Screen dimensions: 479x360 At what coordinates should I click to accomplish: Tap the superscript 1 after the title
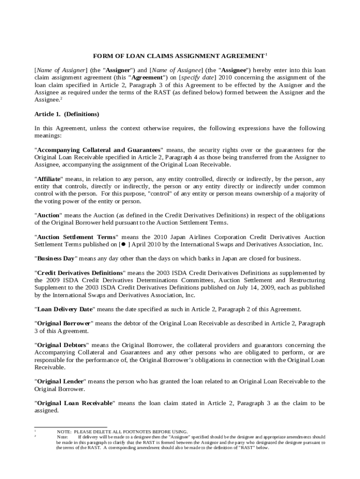pyautogui.click(x=266, y=55)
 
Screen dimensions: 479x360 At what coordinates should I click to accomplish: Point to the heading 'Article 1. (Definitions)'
pyautogui.click(x=67, y=114)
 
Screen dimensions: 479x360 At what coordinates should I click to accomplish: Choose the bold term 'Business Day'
pyautogui.click(x=55, y=259)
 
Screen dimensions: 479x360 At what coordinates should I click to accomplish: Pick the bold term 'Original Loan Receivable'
pyautogui.click(x=75, y=403)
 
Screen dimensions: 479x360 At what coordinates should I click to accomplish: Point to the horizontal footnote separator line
pyautogui.click(x=71, y=427)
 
